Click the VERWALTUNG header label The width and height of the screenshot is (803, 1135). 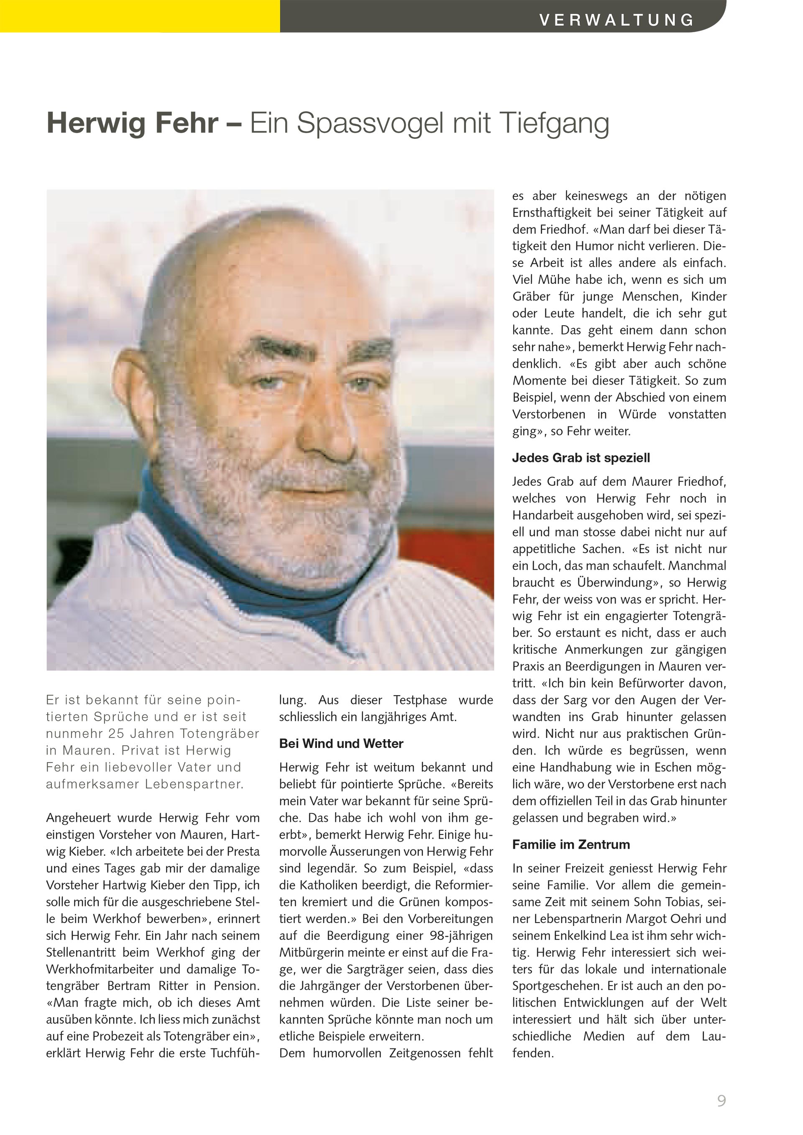[616, 20]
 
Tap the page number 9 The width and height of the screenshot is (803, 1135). [721, 1100]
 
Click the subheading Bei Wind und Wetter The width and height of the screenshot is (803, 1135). [341, 743]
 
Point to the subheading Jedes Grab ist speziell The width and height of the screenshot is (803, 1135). [581, 458]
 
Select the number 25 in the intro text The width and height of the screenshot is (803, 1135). [117, 734]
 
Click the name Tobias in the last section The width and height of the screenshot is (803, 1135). [681, 902]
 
